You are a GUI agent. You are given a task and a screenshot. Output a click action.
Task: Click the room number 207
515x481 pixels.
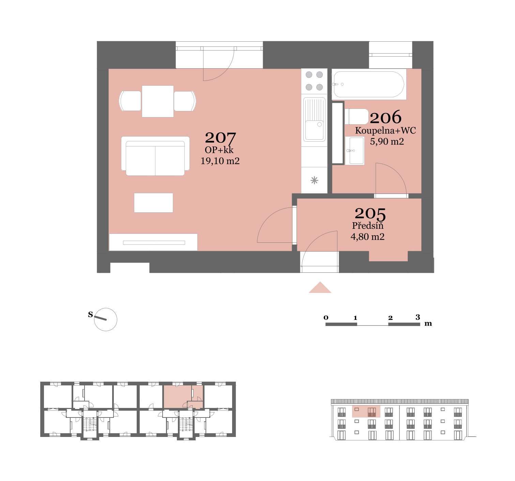pyautogui.click(x=220, y=138)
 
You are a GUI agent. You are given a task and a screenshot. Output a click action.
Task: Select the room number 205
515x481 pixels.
pyautogui.click(x=370, y=214)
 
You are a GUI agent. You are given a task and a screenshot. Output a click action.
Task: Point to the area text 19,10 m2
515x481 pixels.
pyautogui.click(x=220, y=161)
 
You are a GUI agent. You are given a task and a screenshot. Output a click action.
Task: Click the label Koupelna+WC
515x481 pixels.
pyautogui.click(x=385, y=130)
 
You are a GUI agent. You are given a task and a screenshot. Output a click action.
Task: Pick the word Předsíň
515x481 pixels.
pyautogui.click(x=367, y=226)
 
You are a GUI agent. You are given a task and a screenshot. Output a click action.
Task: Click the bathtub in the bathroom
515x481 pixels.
pyautogui.click(x=369, y=84)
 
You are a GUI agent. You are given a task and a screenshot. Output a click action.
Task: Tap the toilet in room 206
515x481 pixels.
pyautogui.click(x=357, y=117)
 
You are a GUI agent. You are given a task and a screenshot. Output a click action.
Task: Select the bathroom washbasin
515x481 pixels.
pyautogui.click(x=355, y=151)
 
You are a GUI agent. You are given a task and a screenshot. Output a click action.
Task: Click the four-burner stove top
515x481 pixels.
pyautogui.click(x=314, y=81)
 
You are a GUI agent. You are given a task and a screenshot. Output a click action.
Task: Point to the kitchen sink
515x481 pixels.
pyautogui.click(x=314, y=120)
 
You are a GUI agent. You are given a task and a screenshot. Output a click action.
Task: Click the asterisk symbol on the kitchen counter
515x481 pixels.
pyautogui.click(x=314, y=180)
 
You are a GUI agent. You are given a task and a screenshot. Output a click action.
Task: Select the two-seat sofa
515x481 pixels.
pyautogui.click(x=155, y=156)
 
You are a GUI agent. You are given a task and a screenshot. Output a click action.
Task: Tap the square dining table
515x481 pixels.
pyautogui.click(x=158, y=101)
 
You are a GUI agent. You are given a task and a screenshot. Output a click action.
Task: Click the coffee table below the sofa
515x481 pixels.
pyautogui.click(x=153, y=203)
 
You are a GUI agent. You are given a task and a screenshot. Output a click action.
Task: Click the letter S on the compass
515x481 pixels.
pyautogui.click(x=90, y=314)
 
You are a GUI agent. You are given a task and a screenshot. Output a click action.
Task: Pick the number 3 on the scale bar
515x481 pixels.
pyautogui.click(x=418, y=317)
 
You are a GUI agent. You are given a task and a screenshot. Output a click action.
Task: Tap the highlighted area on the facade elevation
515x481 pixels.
pyautogui.click(x=366, y=411)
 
